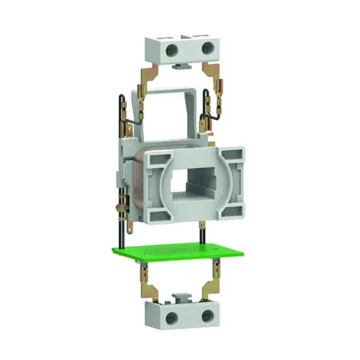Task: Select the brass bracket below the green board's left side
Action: click(x=147, y=278)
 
